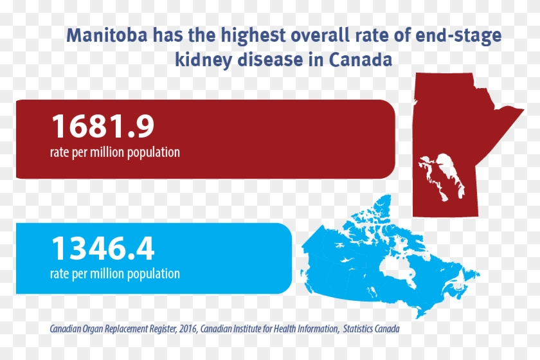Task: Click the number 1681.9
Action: click(102, 126)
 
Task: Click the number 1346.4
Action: click(102, 249)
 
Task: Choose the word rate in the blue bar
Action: click(59, 273)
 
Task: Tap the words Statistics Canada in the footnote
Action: click(371, 328)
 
